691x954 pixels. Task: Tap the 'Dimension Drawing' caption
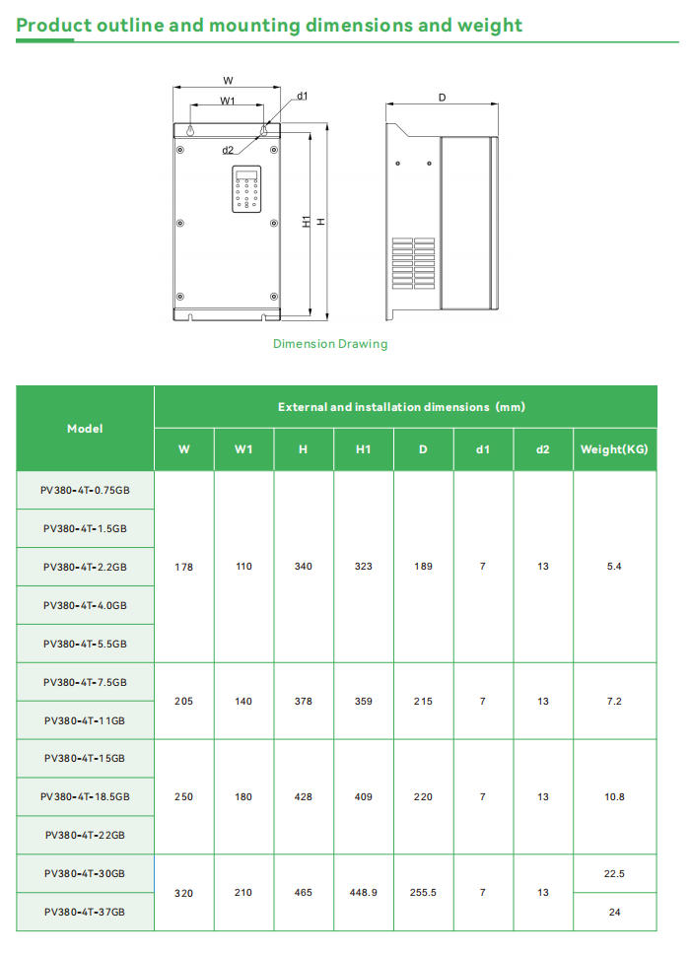tap(330, 344)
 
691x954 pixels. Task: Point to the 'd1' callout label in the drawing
tap(303, 96)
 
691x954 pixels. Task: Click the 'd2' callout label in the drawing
tap(228, 150)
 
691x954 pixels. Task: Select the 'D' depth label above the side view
tap(442, 98)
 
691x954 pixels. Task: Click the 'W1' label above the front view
tap(228, 101)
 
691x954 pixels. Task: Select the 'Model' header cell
tap(85, 428)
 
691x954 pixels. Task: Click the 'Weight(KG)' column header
tap(614, 449)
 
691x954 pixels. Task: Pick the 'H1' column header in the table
tap(363, 449)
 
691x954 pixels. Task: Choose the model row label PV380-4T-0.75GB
tap(85, 490)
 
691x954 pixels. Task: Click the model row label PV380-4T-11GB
tap(85, 720)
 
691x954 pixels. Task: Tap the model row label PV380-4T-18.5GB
tap(85, 796)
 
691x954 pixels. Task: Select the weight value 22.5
tap(614, 873)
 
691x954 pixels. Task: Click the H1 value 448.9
tap(363, 892)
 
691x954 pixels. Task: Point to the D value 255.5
tap(423, 892)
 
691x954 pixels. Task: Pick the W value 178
tap(183, 567)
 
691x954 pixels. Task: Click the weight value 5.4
tap(614, 567)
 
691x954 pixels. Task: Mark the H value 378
tap(303, 701)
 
